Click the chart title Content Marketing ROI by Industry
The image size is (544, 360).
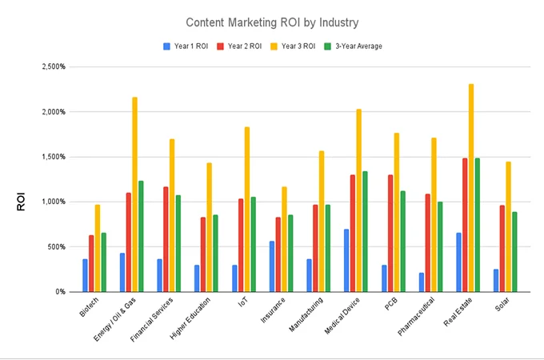pyautogui.click(x=272, y=22)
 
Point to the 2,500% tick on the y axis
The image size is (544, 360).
pyautogui.click(x=54, y=66)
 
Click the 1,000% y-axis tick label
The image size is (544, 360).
pyautogui.click(x=54, y=202)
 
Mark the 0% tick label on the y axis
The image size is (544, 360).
pyautogui.click(x=60, y=292)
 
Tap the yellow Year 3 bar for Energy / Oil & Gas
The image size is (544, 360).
pyautogui.click(x=135, y=194)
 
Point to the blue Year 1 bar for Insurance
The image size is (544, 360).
pyautogui.click(x=272, y=266)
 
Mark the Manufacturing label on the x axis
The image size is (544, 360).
pyautogui.click(x=304, y=319)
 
